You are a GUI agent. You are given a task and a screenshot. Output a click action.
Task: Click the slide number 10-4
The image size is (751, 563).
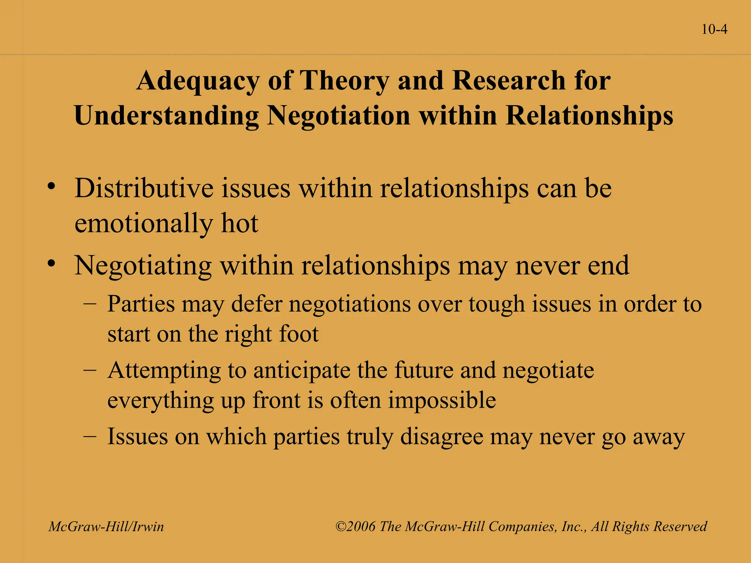[x=714, y=29]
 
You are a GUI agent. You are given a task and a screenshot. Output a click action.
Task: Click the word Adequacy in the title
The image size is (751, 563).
[x=198, y=81]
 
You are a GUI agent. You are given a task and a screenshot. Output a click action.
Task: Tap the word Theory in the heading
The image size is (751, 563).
[x=344, y=81]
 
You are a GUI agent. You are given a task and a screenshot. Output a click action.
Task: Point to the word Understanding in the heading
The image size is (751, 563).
[x=166, y=116]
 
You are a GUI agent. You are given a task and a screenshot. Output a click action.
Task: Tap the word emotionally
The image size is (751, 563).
[x=143, y=224]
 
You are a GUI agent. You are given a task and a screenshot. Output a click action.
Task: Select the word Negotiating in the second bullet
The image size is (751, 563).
[x=143, y=266]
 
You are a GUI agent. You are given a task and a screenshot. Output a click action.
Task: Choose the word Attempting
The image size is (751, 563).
[x=164, y=371]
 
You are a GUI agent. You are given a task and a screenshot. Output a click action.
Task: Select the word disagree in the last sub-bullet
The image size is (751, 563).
[x=442, y=437]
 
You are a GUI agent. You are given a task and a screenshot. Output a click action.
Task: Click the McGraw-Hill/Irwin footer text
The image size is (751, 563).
[x=106, y=527]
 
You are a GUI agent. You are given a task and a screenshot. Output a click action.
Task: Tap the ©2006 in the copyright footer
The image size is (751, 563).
[x=355, y=527]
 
